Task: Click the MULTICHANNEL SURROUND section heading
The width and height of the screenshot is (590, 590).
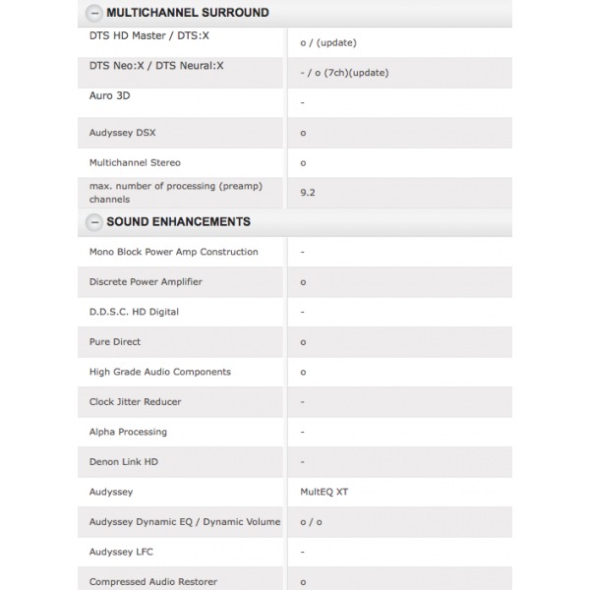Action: tap(187, 13)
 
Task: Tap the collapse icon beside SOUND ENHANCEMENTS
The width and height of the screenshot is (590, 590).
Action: tap(94, 222)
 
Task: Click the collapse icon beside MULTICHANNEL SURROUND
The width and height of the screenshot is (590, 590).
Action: tap(94, 13)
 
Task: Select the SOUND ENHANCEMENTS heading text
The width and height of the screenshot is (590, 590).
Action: tap(178, 222)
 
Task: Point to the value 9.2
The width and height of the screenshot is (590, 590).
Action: tap(308, 193)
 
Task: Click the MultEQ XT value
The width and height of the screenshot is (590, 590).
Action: tap(324, 492)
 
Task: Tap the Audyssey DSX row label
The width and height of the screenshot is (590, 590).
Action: tap(124, 133)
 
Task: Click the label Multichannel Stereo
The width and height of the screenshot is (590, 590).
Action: tap(135, 162)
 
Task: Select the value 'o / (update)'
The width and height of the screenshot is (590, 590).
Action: tap(327, 43)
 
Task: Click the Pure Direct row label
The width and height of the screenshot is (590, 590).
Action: tap(115, 342)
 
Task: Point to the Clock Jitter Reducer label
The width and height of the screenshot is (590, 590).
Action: tap(136, 402)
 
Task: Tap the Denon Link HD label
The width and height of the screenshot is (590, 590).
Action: tap(123, 461)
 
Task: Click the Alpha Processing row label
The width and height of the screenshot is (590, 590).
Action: tap(128, 432)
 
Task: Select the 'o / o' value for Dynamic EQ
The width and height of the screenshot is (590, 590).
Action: tap(311, 522)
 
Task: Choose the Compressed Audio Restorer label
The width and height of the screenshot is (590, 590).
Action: tap(152, 582)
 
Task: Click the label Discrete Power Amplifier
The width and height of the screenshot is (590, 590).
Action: tap(146, 282)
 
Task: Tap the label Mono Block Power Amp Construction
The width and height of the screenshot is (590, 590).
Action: tap(173, 252)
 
